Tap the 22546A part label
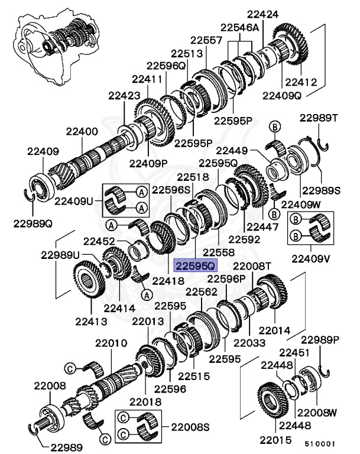coord(240,27)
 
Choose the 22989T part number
coord(321,118)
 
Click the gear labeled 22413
coord(92,287)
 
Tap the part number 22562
coord(202,291)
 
